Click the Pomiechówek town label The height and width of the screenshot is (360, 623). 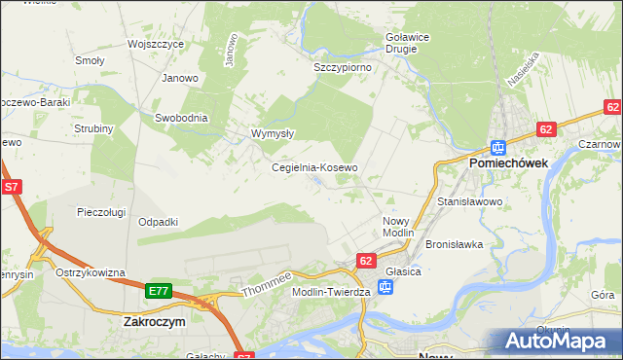[512, 164]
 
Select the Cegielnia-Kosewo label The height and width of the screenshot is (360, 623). [314, 167]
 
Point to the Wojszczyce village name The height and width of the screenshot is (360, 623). [157, 45]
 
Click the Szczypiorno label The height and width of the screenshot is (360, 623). [343, 68]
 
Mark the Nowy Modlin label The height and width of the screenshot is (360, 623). [397, 227]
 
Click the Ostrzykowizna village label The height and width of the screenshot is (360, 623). [91, 272]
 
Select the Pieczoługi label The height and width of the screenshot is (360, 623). [103, 210]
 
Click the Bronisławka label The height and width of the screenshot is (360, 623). [455, 244]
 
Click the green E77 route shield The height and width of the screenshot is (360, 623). [160, 291]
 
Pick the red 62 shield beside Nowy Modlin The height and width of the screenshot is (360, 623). [366, 261]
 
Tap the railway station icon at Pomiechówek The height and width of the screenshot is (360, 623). [497, 148]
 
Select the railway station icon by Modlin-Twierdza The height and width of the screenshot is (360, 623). [385, 287]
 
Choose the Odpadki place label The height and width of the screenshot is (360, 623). [158, 222]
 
